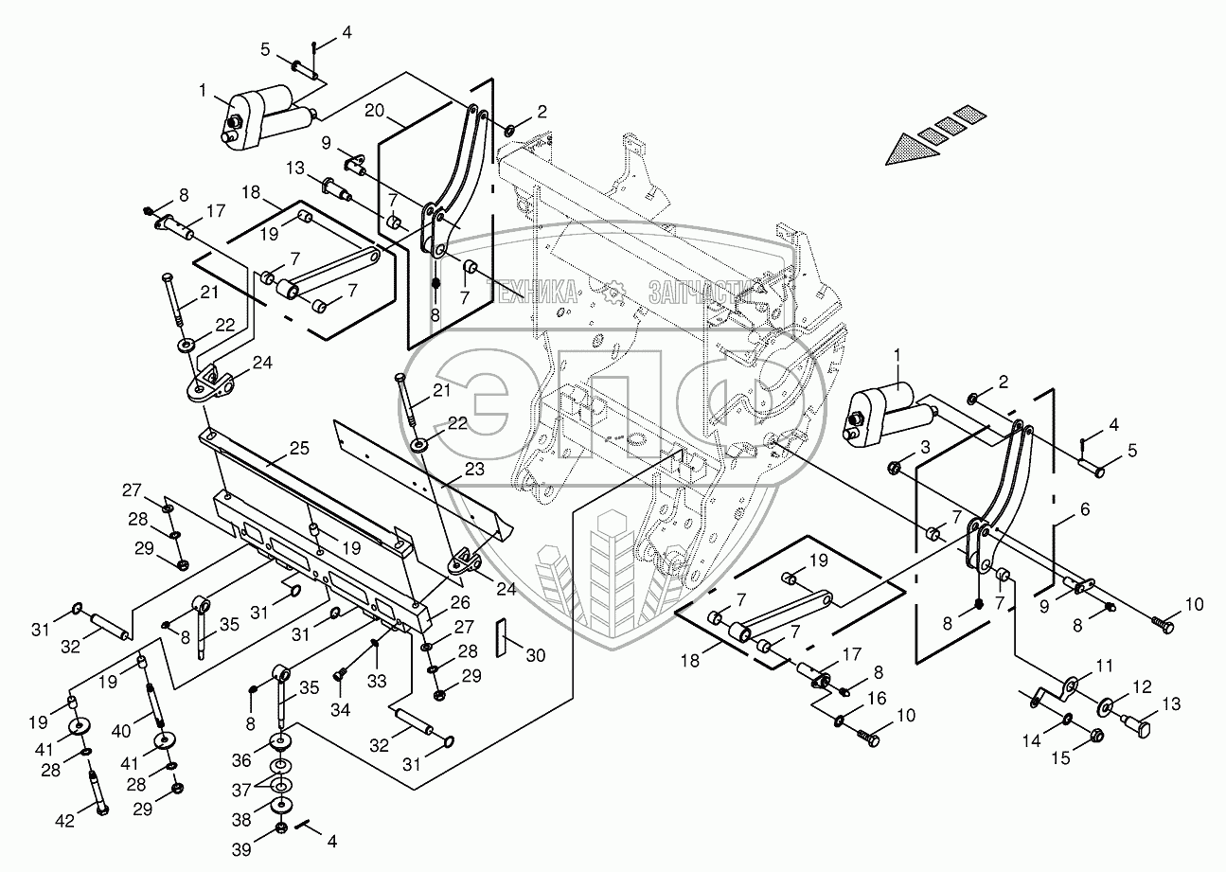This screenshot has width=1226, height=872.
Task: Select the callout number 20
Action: pyautogui.click(x=374, y=111)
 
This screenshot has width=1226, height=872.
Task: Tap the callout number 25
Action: pyautogui.click(x=299, y=448)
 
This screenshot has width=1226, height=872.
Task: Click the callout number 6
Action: pyautogui.click(x=1084, y=509)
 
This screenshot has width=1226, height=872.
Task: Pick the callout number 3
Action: pyautogui.click(x=925, y=447)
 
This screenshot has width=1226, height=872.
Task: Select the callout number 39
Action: pyautogui.click(x=241, y=849)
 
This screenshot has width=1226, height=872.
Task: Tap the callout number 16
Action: pyautogui.click(x=877, y=699)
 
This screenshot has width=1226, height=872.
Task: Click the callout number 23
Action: pyautogui.click(x=474, y=469)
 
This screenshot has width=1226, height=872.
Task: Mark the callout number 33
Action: pyautogui.click(x=377, y=681)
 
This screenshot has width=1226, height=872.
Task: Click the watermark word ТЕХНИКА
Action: pyautogui.click(x=531, y=291)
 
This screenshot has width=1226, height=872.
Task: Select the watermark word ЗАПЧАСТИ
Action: pyautogui.click(x=695, y=292)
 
